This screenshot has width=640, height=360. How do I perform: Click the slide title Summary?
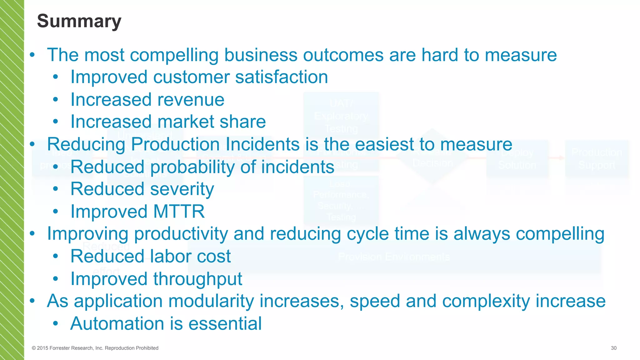[x=79, y=21]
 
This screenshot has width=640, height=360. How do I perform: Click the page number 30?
[x=613, y=348]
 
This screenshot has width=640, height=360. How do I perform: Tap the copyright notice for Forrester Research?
[x=95, y=348]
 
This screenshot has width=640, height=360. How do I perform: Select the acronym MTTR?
[x=179, y=212]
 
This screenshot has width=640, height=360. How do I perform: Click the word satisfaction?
[x=281, y=77]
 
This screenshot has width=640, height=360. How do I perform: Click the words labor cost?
[x=190, y=256]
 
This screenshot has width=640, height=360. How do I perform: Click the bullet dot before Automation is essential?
[x=55, y=324]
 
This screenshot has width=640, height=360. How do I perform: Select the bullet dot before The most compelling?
[x=32, y=55]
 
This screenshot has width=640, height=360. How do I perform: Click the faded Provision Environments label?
[x=394, y=257]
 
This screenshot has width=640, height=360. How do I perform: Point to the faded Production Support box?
[x=597, y=159]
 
